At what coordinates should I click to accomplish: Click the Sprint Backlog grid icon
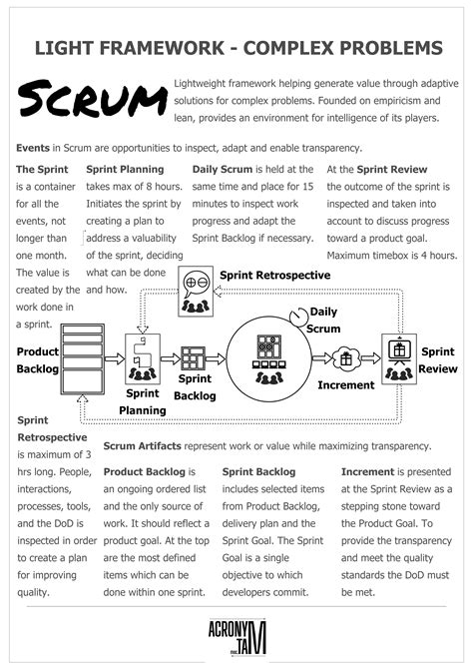(192, 359)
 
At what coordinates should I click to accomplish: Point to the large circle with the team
(267, 356)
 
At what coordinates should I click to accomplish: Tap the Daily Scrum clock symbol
(297, 317)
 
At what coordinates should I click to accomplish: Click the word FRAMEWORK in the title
(149, 47)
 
